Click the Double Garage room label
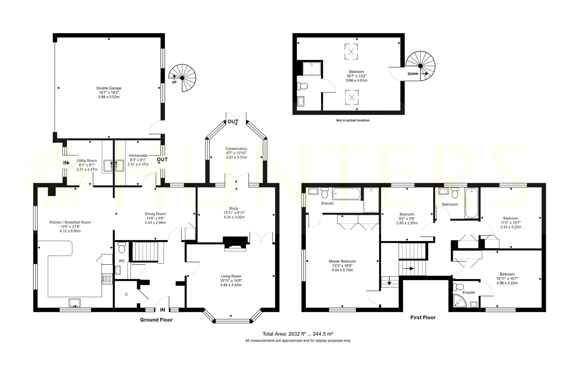[x=109, y=88]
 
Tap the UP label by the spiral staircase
[x=174, y=82]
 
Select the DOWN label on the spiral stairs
[x=413, y=74]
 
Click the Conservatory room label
[x=236, y=149]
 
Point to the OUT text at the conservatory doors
[x=233, y=122]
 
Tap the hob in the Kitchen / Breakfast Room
[x=107, y=279]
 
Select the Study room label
[x=234, y=209]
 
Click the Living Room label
[x=231, y=276]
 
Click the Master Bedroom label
[x=342, y=261]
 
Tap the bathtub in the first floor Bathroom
[x=472, y=203]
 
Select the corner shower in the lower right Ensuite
[x=460, y=301]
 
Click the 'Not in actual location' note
[x=352, y=120]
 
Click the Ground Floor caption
[x=156, y=320]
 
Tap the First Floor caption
[x=423, y=318]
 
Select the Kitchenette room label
[x=138, y=155]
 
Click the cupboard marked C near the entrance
[x=126, y=295]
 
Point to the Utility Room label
[x=87, y=160]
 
